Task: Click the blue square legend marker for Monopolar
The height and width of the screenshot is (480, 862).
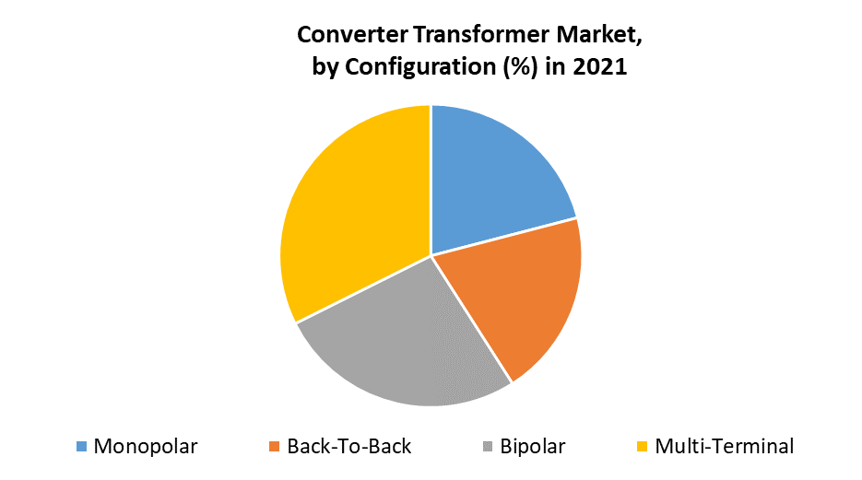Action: [81, 447]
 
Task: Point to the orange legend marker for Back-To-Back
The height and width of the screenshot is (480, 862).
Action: [275, 447]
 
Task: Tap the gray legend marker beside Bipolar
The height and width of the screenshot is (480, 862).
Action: [488, 447]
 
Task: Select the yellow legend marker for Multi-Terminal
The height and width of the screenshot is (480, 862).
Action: [642, 447]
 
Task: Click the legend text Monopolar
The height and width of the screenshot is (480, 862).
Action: [146, 447]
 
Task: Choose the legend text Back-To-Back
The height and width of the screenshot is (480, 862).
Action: [349, 447]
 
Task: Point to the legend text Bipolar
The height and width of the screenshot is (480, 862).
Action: [533, 447]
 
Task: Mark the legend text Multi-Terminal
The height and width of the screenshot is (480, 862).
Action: [725, 447]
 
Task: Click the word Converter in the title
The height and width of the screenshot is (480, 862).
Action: [352, 35]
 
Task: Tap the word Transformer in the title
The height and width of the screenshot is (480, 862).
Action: [481, 35]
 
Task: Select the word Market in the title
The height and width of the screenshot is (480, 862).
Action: [598, 36]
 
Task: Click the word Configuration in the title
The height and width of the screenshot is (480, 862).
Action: [420, 67]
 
